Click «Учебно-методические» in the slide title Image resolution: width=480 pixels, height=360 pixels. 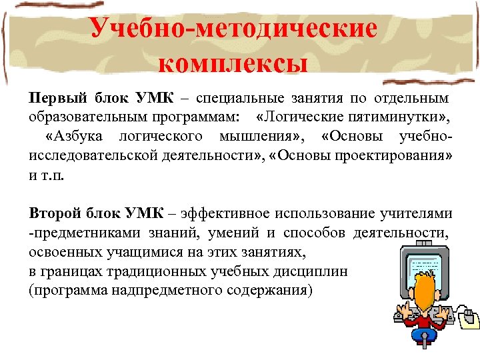pos(233,28)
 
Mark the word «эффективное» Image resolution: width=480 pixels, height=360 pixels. pos(223,214)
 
